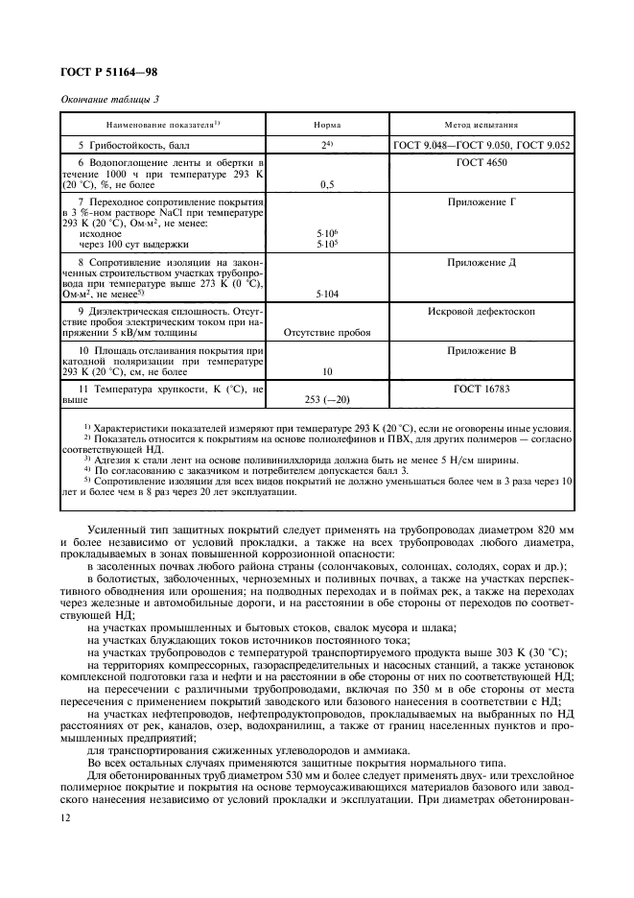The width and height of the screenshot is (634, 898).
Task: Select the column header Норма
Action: [327, 125]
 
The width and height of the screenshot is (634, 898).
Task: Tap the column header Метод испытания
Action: [481, 125]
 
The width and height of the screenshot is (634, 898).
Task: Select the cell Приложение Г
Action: [481, 203]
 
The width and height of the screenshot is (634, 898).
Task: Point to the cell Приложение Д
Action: [481, 261]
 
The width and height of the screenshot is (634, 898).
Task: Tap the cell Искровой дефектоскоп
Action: [481, 312]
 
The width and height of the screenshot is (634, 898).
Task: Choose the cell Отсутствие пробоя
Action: [327, 333]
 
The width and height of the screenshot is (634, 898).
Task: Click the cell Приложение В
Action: [481, 352]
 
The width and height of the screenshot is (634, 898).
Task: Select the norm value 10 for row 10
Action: [327, 371]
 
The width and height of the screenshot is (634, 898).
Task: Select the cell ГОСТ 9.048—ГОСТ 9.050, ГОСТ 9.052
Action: [481, 144]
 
